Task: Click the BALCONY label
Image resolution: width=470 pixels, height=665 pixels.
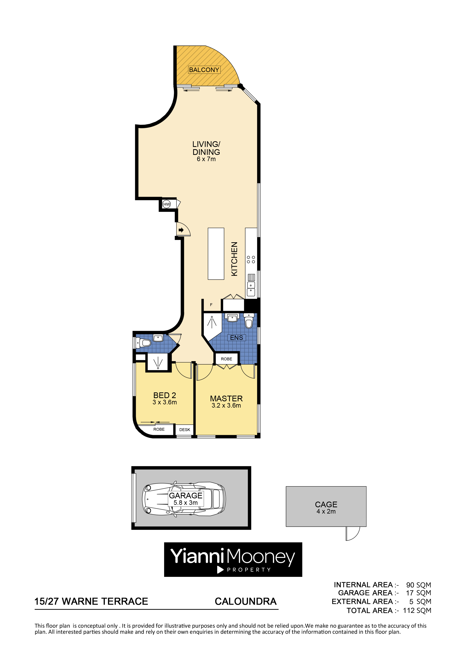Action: (204, 70)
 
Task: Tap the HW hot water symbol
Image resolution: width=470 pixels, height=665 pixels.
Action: (167, 204)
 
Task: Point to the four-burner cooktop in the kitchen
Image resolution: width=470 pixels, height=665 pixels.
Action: (251, 260)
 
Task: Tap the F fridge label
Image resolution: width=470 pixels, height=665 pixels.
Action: (211, 305)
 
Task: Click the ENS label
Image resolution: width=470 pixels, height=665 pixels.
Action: (237, 338)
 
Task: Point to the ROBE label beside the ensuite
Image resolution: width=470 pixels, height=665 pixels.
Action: (226, 359)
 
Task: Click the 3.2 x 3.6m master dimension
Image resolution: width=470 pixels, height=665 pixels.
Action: (226, 405)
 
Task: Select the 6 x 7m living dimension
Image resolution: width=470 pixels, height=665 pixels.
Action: (206, 159)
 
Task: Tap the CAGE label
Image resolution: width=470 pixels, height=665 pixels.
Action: (326, 504)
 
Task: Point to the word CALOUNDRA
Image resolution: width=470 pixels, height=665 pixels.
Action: (246, 601)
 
